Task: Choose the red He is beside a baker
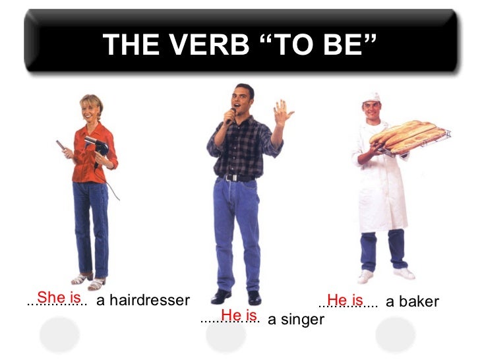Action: tap(345, 299)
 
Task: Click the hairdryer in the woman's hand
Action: tap(94, 145)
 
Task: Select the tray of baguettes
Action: tap(409, 136)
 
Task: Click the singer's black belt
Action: tap(238, 177)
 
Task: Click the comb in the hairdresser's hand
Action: tap(61, 146)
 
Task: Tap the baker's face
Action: tap(372, 110)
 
